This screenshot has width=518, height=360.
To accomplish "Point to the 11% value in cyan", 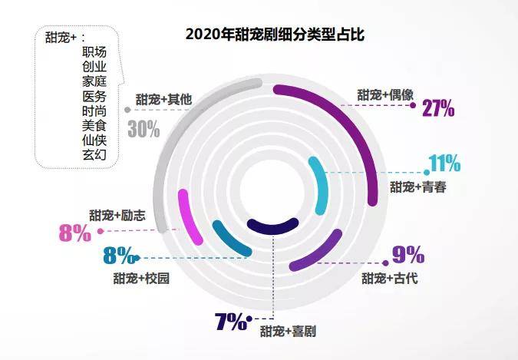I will point(444,163).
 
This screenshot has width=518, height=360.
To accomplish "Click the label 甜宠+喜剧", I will point(288,332).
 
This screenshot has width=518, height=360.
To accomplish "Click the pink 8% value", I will point(75,232).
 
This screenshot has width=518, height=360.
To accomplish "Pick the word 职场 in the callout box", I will point(94,51).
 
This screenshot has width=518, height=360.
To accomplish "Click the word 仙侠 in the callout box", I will point(94,140).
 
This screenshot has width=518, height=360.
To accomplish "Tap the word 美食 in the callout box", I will point(94,125).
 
